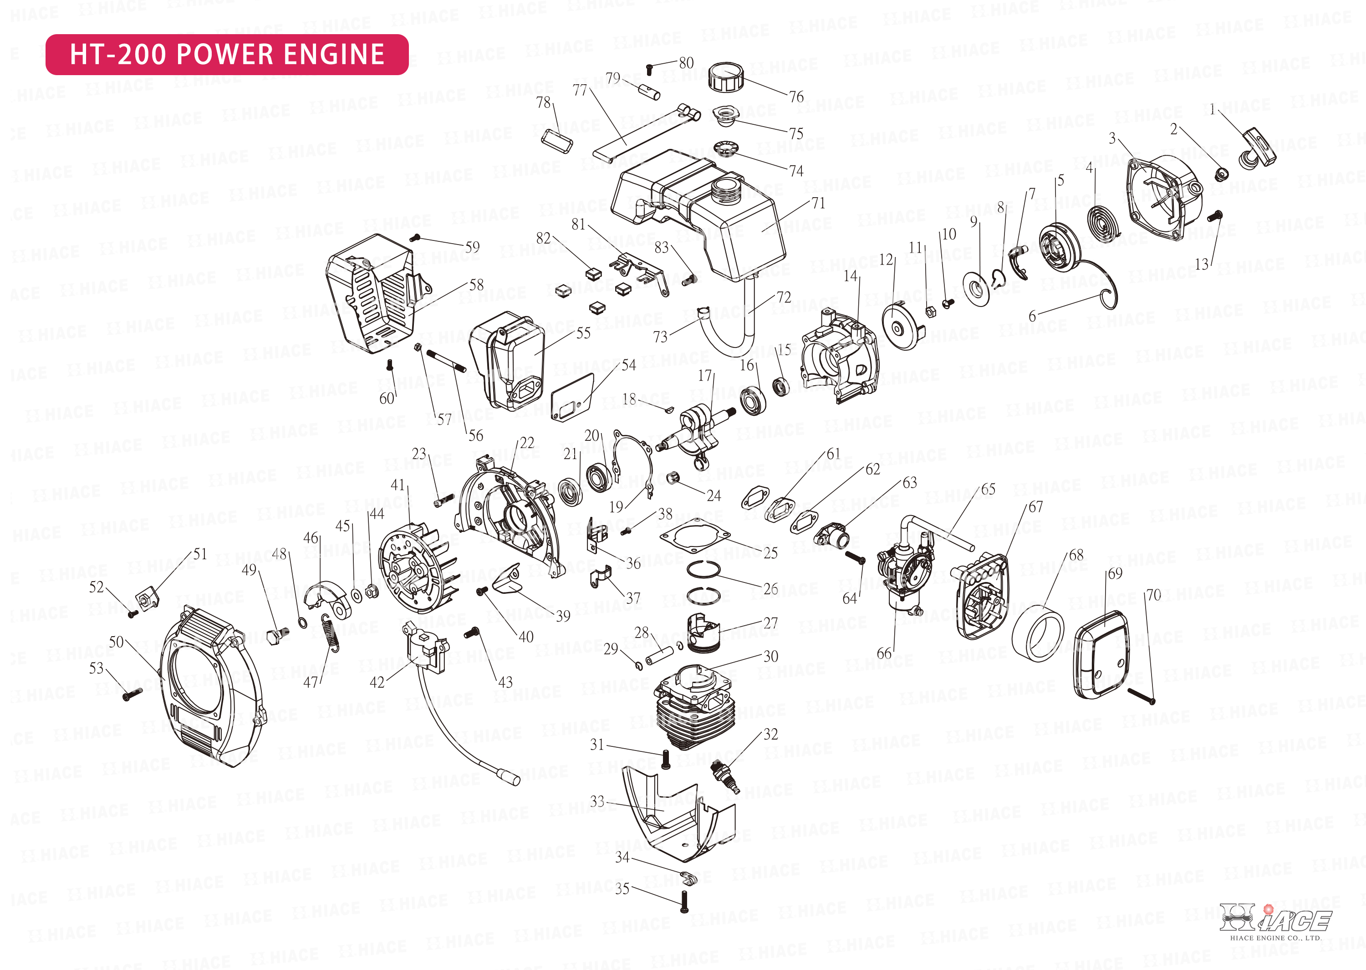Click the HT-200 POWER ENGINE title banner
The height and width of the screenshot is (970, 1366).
[227, 54]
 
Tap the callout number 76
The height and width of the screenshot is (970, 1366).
[796, 97]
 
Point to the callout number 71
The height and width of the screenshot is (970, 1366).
[818, 204]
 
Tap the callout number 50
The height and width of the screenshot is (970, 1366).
[117, 642]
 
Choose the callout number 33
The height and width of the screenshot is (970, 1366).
[597, 802]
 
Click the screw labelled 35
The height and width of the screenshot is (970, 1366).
[684, 902]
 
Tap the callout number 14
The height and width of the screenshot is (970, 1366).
[850, 276]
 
